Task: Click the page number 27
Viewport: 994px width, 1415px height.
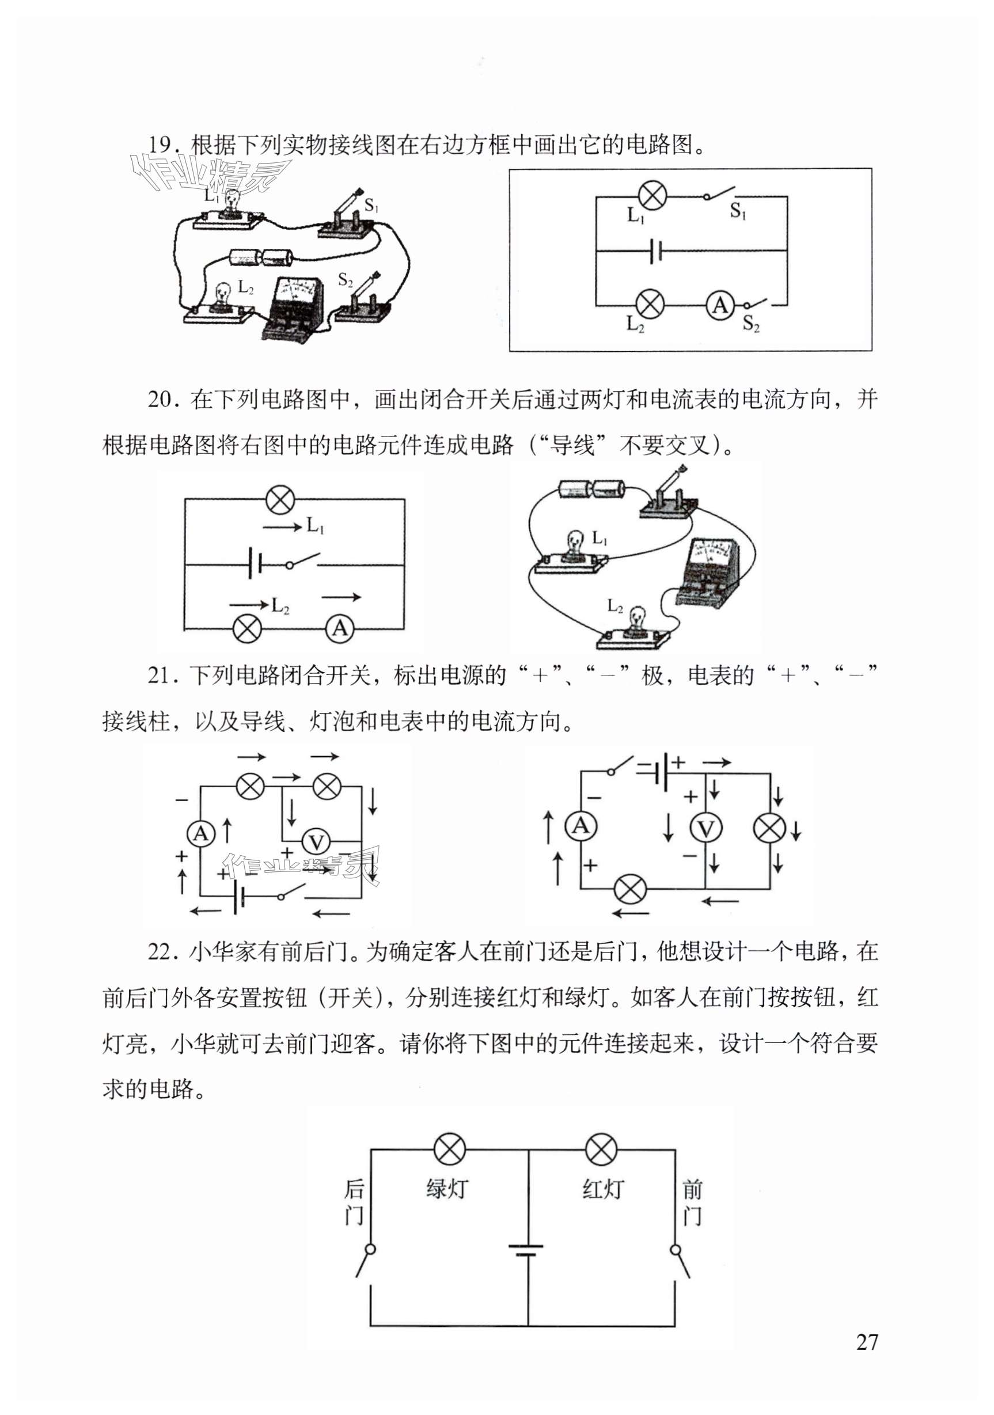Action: tap(866, 1341)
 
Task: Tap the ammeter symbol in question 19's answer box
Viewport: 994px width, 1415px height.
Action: tap(720, 305)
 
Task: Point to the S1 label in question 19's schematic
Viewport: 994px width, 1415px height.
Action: tap(738, 212)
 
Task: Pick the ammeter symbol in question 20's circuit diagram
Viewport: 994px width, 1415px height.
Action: tap(340, 629)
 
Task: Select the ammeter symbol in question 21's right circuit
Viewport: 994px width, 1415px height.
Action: tap(581, 825)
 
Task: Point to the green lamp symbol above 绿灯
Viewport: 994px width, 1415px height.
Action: tap(450, 1148)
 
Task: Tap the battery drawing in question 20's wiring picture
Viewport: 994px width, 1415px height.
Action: tap(591, 490)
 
